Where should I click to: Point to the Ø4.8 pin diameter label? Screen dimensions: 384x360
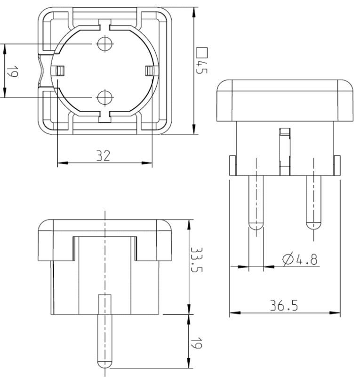(x=299, y=259)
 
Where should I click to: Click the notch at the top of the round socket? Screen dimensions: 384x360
(x=104, y=25)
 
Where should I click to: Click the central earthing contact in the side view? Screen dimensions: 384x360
(x=284, y=151)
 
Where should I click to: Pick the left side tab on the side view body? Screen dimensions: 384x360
(x=232, y=165)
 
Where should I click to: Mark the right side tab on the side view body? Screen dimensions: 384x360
(x=336, y=165)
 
